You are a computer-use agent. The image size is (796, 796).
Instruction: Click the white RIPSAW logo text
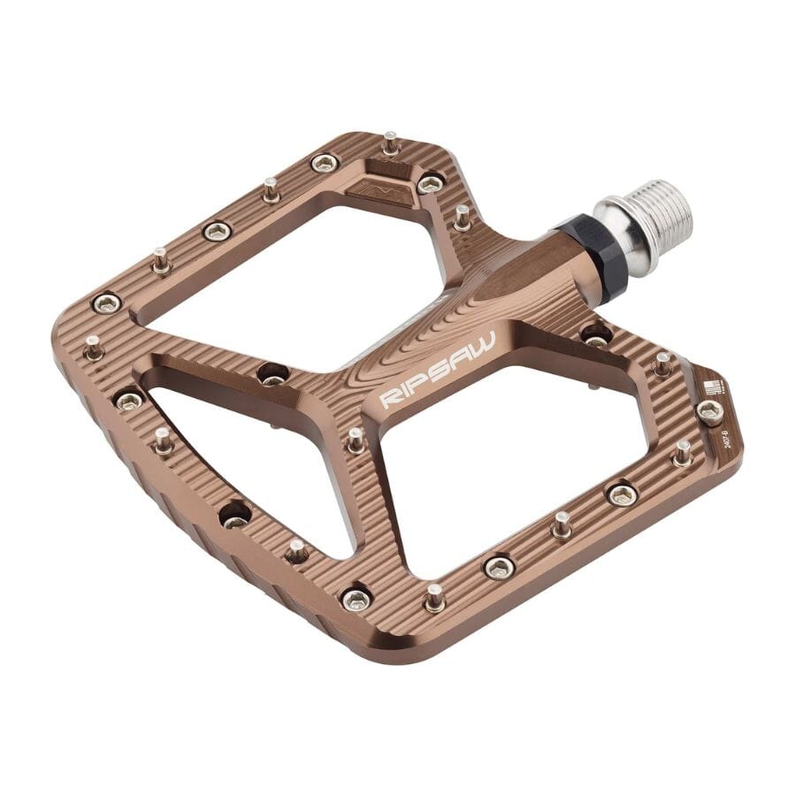[438, 370]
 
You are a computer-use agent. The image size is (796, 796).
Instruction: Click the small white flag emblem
[712, 387]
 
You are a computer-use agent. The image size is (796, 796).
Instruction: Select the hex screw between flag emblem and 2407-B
[709, 409]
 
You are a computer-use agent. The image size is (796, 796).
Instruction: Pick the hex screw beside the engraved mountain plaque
[430, 183]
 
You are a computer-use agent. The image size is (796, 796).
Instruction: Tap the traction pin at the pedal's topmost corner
[390, 142]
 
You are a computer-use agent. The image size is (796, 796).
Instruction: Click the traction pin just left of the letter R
[356, 439]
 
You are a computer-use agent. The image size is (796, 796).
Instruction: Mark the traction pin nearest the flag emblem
[662, 363]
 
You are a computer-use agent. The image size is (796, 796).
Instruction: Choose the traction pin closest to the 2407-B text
[683, 453]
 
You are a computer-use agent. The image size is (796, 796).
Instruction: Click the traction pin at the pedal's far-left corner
[93, 346]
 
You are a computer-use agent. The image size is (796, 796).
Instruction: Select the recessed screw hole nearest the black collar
[595, 335]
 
